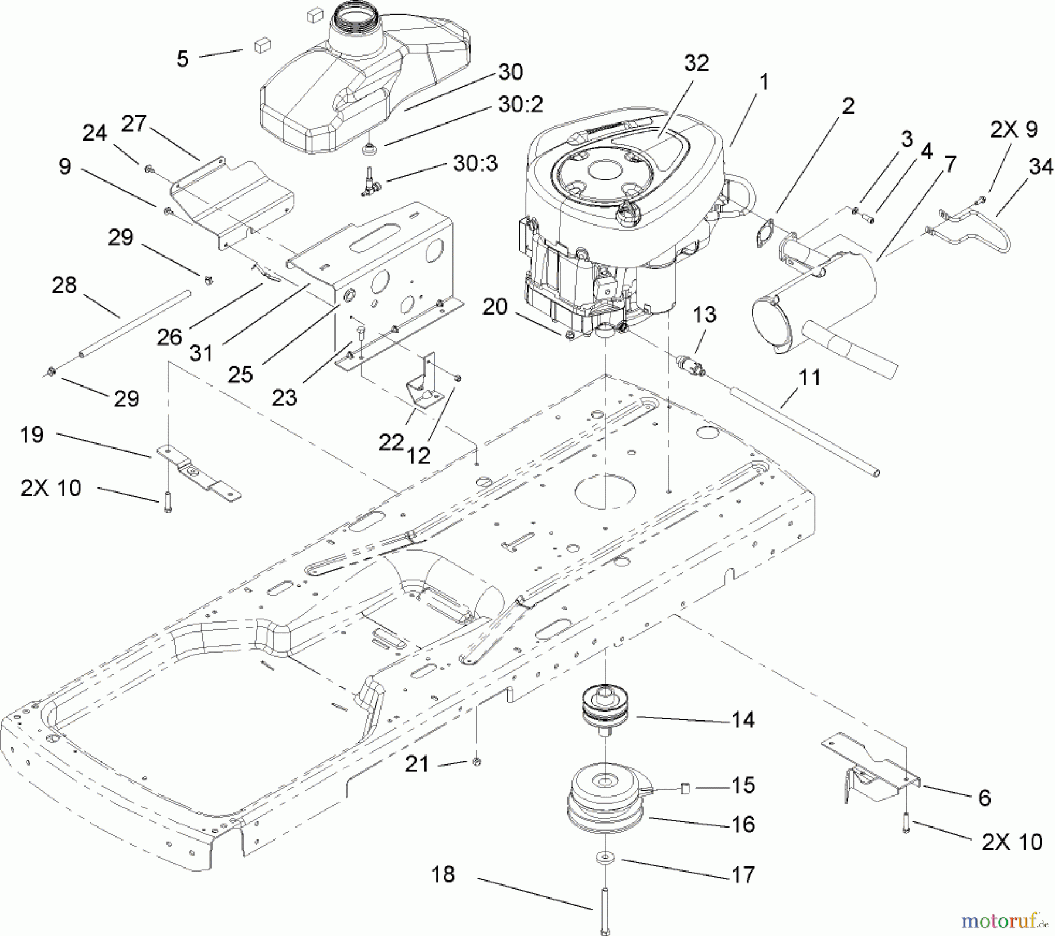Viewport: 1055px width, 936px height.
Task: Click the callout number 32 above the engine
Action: pyautogui.click(x=696, y=63)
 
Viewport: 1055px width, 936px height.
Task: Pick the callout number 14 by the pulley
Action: pyautogui.click(x=743, y=720)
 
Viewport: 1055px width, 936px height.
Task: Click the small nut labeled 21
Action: pyautogui.click(x=477, y=761)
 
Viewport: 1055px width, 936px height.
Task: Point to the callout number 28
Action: pyautogui.click(x=64, y=285)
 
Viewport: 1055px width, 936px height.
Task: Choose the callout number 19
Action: pyautogui.click(x=32, y=435)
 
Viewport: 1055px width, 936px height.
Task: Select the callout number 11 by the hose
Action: pyautogui.click(x=809, y=378)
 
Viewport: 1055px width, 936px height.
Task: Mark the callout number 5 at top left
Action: pyautogui.click(x=183, y=59)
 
